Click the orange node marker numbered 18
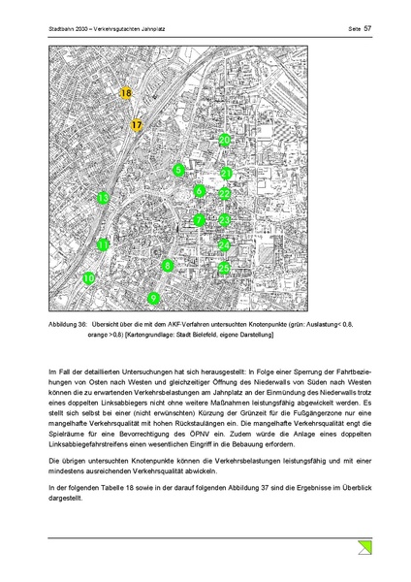pyautogui.click(x=126, y=93)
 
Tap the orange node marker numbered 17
pyautogui.click(x=137, y=125)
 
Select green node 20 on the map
pyautogui.click(x=224, y=141)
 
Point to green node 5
pyautogui.click(x=178, y=171)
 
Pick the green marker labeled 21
pyautogui.click(x=226, y=174)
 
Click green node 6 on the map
pyautogui.click(x=199, y=192)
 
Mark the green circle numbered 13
pyautogui.click(x=103, y=199)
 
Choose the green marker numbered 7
pyautogui.click(x=198, y=220)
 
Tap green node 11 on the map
pyautogui.click(x=103, y=245)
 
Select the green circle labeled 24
pyautogui.click(x=224, y=244)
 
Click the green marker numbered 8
pyautogui.click(x=168, y=265)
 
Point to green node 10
pyautogui.click(x=88, y=278)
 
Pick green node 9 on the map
pyautogui.click(x=153, y=298)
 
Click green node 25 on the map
pyautogui.click(x=224, y=268)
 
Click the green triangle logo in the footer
pyautogui.click(x=363, y=549)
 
